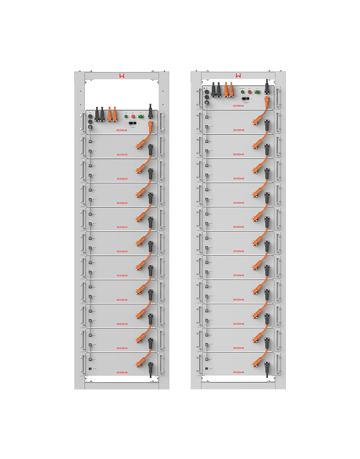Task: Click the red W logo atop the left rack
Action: tap(122, 76)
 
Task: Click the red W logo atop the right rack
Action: tap(239, 76)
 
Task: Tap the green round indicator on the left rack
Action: tap(126, 116)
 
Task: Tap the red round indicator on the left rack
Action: tap(133, 116)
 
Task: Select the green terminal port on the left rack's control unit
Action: tap(141, 116)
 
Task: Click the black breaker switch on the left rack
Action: tap(133, 123)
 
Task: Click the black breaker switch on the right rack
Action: tap(246, 98)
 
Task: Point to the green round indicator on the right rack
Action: tap(242, 92)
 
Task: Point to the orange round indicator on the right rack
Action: tap(250, 92)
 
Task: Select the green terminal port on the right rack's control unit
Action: tap(257, 92)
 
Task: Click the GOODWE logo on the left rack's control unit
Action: tap(122, 130)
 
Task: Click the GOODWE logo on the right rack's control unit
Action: tap(239, 106)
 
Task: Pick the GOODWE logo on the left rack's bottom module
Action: tap(122, 372)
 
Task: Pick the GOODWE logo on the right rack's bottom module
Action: tap(239, 372)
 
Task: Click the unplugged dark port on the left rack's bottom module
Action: tap(90, 369)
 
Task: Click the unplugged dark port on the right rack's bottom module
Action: tap(207, 369)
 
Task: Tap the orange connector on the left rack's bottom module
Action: tap(140, 362)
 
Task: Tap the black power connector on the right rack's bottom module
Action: tap(267, 365)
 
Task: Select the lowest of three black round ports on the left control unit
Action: tap(90, 127)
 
